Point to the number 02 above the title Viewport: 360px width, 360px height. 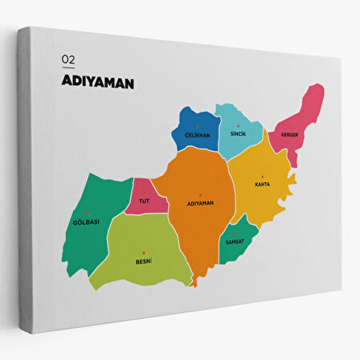click(67, 59)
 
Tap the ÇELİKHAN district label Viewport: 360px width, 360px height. click(197, 135)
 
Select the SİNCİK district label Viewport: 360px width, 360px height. click(237, 134)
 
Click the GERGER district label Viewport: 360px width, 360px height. click(289, 134)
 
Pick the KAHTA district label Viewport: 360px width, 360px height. click(262, 184)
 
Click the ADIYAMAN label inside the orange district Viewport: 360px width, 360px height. click(199, 202)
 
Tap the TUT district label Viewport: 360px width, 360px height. click(144, 201)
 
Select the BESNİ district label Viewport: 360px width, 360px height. click(144, 261)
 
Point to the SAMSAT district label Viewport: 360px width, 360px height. click(235, 242)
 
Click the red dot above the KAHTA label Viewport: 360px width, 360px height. click(262, 177)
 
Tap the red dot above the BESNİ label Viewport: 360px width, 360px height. click(144, 253)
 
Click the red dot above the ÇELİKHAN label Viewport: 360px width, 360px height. click(197, 127)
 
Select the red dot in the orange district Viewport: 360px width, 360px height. click(199, 194)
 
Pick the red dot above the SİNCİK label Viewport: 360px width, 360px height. click(237, 126)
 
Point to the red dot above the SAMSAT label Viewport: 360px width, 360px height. click(235, 234)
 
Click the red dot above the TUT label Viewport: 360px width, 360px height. click(144, 193)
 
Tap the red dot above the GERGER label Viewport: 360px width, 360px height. click(289, 126)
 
